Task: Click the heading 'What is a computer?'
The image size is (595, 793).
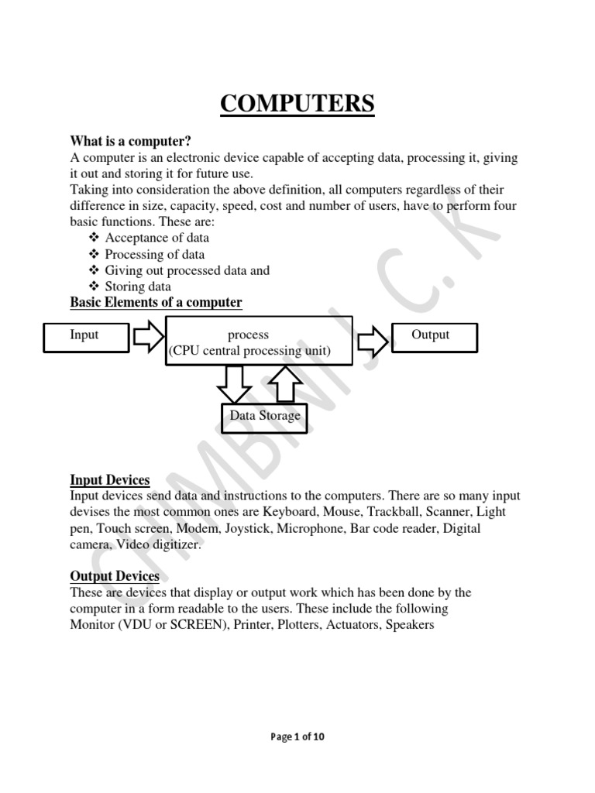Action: coord(130,141)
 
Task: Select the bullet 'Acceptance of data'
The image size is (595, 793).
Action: coord(156,238)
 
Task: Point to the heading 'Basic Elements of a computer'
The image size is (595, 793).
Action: coord(156,302)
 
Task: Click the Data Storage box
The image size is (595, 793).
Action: coord(264,416)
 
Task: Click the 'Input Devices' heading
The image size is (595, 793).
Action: coord(110,480)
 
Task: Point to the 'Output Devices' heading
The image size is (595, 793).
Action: coord(115,576)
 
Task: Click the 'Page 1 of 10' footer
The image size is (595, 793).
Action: coord(297,736)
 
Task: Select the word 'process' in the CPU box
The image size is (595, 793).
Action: coord(248,335)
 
